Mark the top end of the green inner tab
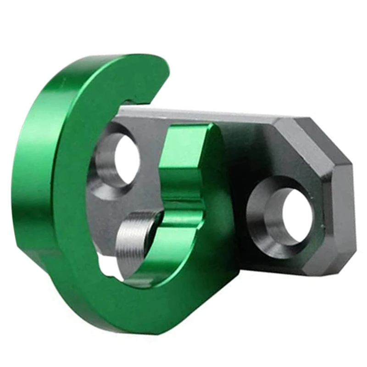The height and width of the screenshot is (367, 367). [x=188, y=131]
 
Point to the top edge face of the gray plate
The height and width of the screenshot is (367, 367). [x=206, y=112]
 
